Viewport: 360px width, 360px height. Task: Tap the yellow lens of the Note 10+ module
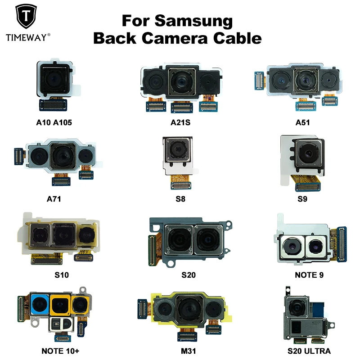[59, 305]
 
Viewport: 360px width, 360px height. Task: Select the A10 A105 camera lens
[52, 81]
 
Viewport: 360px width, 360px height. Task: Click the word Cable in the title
[240, 38]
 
